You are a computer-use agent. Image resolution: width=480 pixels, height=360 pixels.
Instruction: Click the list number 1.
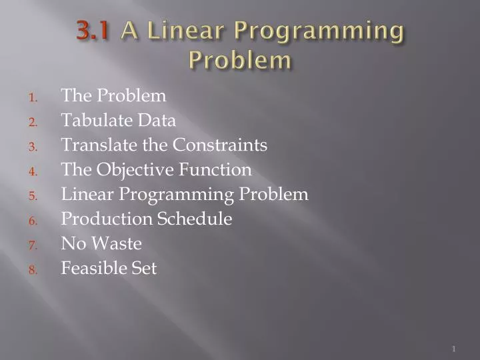33,97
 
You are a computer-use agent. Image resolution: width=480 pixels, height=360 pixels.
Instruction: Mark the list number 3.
33,146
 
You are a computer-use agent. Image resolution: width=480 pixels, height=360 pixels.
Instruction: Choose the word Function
215,169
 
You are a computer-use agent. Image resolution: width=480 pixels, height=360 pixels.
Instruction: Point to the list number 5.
33,196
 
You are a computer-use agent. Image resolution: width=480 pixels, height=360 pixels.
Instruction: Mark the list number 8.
33,270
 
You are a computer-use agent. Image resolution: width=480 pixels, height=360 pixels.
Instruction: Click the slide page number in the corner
453,349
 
